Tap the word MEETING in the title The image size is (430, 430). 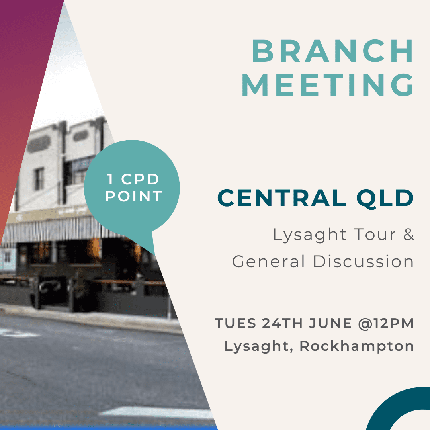coord(328,85)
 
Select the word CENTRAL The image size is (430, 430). coord(281,198)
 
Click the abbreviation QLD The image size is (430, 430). coord(385,199)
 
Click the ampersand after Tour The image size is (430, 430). coord(408,235)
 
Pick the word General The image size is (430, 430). coord(268,261)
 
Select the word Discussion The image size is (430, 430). coord(364,261)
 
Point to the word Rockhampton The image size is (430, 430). coord(356,346)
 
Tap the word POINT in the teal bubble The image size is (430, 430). coord(134,196)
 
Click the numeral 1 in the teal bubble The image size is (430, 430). coord(110,179)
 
